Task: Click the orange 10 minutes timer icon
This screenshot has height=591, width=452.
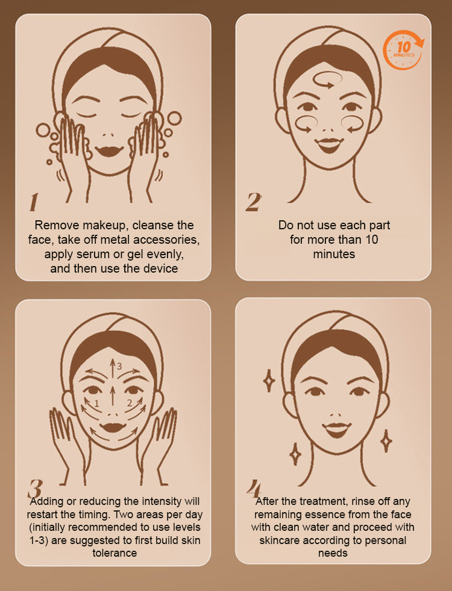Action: [403, 50]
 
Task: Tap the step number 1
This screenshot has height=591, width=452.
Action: [34, 202]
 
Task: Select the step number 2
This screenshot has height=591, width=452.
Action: [253, 202]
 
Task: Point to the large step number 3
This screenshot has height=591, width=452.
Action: [35, 489]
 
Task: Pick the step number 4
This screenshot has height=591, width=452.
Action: [254, 489]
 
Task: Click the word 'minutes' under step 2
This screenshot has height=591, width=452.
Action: [334, 254]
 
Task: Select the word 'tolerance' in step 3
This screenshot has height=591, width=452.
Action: [115, 553]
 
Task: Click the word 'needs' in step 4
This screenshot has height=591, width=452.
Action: [333, 553]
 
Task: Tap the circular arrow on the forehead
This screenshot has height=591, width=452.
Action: [327, 80]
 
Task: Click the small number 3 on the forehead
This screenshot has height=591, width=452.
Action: [119, 366]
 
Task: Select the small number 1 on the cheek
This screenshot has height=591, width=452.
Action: [96, 404]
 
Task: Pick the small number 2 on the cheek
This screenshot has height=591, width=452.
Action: [129, 403]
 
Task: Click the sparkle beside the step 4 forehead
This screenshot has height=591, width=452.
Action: [269, 381]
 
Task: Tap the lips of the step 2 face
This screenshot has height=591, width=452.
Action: [330, 144]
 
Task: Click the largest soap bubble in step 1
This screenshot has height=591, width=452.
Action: [174, 118]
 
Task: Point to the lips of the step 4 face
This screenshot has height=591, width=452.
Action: [337, 430]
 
